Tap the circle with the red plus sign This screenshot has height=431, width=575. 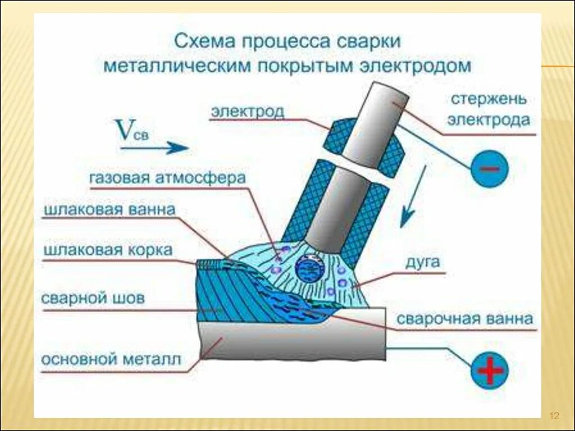click(x=490, y=370)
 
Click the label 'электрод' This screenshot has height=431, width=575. click(x=248, y=111)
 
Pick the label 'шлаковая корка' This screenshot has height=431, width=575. click(x=108, y=250)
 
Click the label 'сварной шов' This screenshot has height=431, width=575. click(x=93, y=298)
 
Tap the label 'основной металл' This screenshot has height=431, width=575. click(x=111, y=359)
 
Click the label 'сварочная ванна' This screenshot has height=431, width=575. click(x=464, y=319)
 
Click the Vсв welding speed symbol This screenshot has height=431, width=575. click(x=131, y=130)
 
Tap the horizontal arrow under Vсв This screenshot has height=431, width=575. click(x=154, y=148)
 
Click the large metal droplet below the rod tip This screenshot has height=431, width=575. click(x=309, y=268)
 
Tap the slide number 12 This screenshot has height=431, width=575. click(x=554, y=416)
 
